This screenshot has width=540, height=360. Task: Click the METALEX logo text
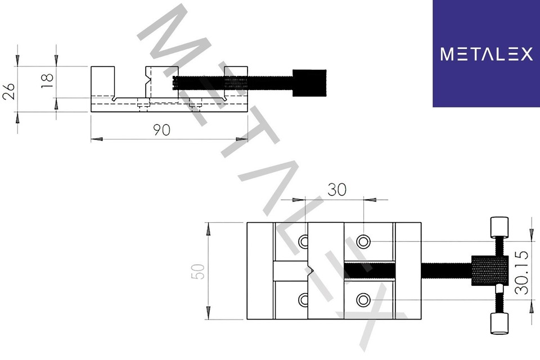tap(486, 54)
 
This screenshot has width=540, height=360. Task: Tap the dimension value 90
tap(162, 129)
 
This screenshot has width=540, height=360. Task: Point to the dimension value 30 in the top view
tap(337, 190)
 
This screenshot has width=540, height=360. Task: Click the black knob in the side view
tap(309, 83)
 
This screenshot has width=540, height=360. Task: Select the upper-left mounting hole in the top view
tap(304, 242)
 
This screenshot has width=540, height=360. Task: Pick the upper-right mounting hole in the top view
tap(364, 242)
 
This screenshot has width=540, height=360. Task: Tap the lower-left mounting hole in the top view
tap(304, 299)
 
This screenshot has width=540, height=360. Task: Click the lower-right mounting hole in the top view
tap(364, 299)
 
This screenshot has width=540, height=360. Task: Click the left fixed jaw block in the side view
tap(103, 82)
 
